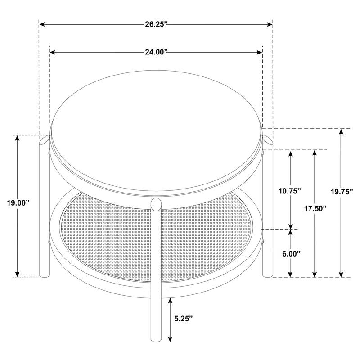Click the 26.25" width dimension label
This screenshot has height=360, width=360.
(156, 24)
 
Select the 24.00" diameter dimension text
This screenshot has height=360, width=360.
(156, 53)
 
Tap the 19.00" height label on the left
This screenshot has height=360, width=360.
(18, 203)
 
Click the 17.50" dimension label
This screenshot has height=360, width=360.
(315, 208)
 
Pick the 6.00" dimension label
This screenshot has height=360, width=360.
(291, 253)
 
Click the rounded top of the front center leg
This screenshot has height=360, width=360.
(156, 203)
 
